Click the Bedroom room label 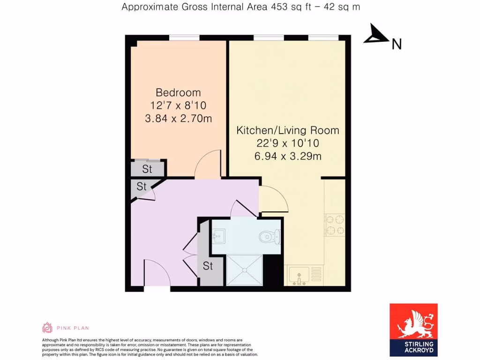click(x=178, y=92)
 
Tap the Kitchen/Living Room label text click(x=287, y=130)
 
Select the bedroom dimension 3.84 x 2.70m click(x=178, y=119)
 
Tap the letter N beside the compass click(x=397, y=44)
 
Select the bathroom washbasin click(x=218, y=234)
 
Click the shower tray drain click(x=244, y=270)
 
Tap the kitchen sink click(x=299, y=275)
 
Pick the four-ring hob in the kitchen click(x=335, y=225)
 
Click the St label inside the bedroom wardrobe click(x=147, y=169)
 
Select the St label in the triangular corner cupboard click(x=142, y=187)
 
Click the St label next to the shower click(x=208, y=266)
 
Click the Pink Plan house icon click(x=47, y=327)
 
